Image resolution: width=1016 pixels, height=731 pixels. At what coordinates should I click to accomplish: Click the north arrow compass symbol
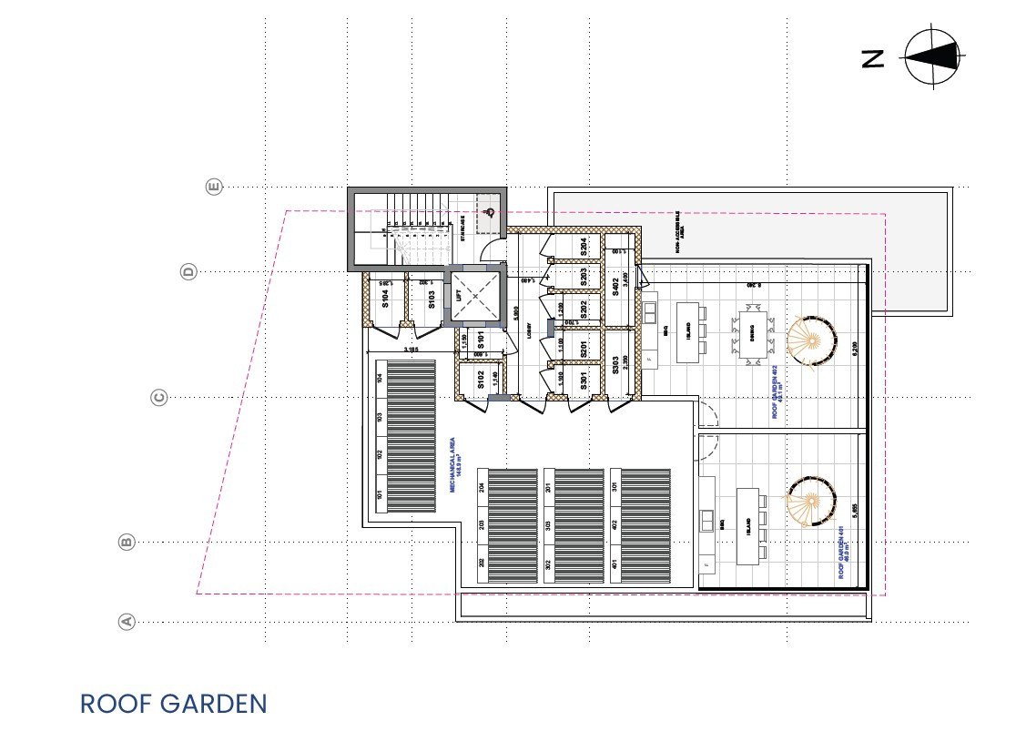tap(932, 56)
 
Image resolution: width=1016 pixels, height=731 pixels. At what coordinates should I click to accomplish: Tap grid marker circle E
tap(214, 187)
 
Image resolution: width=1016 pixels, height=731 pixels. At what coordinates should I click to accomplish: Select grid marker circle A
tap(127, 622)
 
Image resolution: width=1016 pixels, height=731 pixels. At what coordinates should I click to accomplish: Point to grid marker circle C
tap(158, 397)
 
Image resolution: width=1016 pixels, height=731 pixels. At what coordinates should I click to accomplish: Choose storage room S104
tap(385, 297)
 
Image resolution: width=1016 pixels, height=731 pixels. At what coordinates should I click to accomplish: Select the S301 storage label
tap(584, 381)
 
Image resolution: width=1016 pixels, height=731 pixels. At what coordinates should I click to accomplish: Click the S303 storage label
tap(615, 366)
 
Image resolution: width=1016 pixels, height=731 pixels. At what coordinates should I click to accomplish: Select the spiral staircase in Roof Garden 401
tap(809, 500)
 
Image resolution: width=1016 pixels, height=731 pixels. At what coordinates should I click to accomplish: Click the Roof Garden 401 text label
tap(844, 556)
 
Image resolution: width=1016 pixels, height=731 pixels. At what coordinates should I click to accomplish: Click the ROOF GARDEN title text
tap(173, 704)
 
